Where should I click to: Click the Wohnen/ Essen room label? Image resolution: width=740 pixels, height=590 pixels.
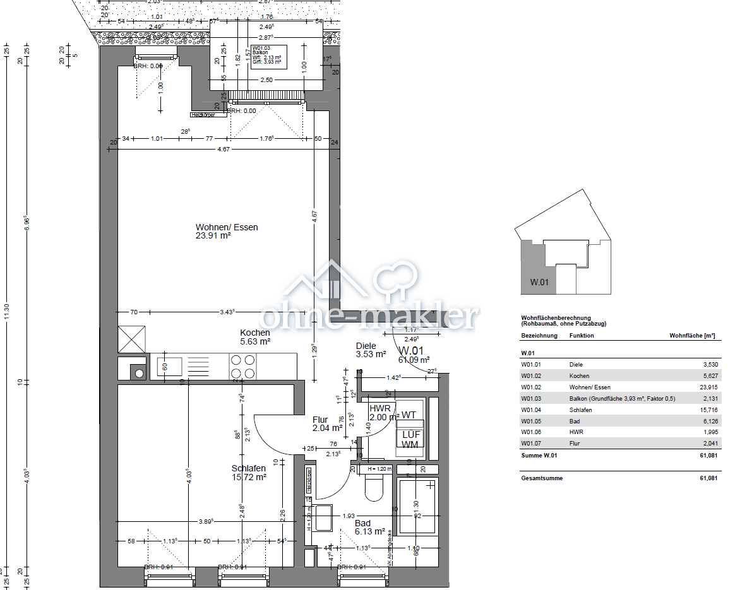click(x=227, y=227)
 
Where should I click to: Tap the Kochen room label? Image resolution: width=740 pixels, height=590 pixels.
click(x=255, y=333)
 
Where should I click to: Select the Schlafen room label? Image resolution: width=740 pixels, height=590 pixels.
click(x=248, y=468)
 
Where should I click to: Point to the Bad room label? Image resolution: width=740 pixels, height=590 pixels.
click(x=362, y=524)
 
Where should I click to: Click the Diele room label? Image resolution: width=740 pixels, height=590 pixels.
click(x=366, y=346)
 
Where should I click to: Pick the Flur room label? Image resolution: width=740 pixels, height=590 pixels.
click(x=320, y=420)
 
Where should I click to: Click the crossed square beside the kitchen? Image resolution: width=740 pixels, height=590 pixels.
click(x=131, y=339)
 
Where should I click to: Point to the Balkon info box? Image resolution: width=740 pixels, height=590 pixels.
click(x=268, y=56)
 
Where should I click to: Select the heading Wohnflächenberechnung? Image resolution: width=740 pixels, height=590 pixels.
click(x=556, y=318)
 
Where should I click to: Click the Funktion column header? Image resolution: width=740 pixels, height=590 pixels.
click(x=582, y=336)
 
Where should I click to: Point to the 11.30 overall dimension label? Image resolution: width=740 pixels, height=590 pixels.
click(x=7, y=312)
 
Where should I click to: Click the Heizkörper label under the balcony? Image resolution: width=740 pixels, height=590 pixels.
click(x=203, y=115)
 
